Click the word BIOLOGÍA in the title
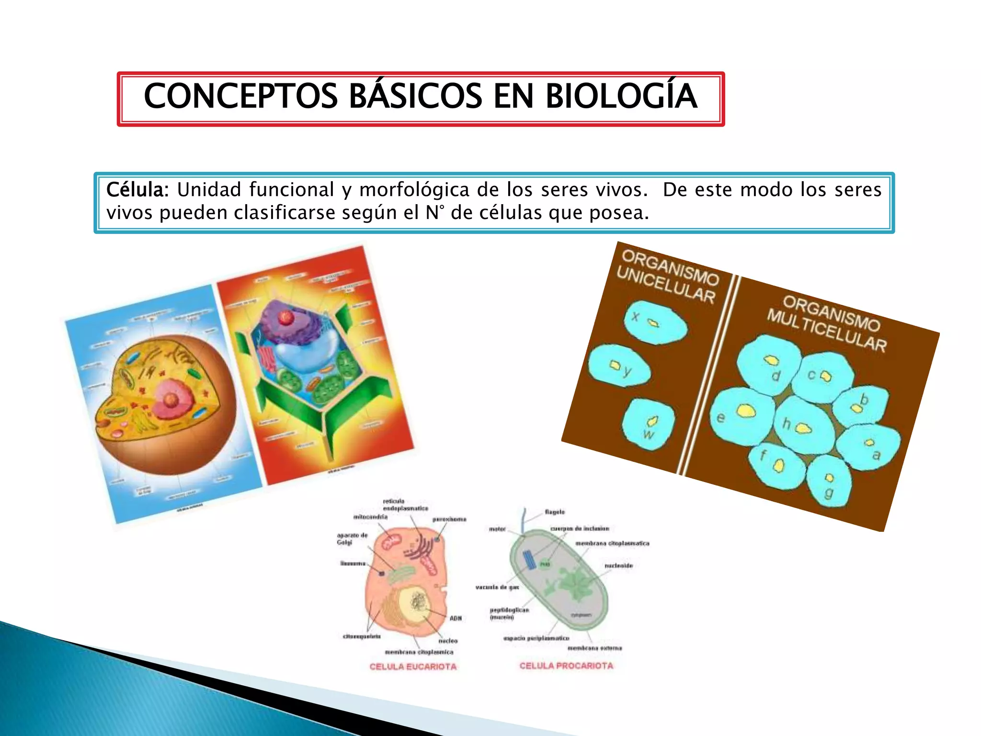621,96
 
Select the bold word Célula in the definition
137,190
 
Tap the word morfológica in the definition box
414,190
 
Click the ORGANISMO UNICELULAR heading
668,277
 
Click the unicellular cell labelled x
655,322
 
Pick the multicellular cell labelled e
740,416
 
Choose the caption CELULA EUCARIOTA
413,667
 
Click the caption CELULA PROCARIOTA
566,666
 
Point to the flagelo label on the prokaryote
555,512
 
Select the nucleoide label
618,566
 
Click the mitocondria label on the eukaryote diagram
370,517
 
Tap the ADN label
456,619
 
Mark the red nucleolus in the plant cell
286,317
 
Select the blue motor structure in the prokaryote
529,559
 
